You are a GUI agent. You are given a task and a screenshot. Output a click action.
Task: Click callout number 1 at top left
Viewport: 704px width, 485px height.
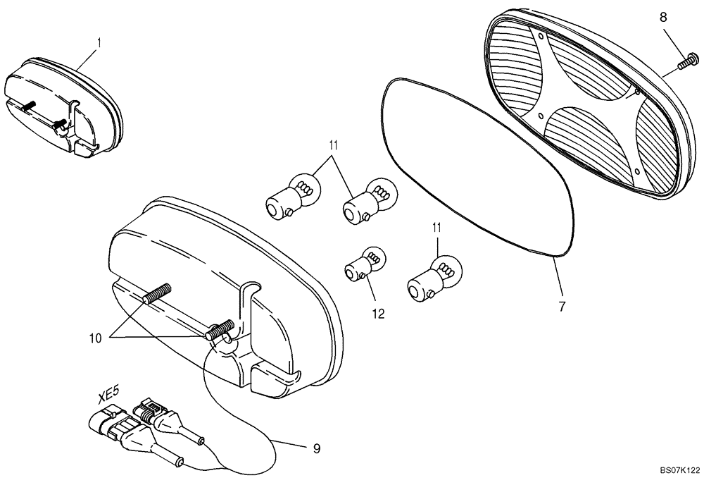click(x=99, y=43)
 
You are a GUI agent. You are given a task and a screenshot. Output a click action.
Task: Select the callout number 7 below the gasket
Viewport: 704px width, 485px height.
click(x=562, y=307)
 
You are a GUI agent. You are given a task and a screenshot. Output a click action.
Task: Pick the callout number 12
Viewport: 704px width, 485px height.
click(x=379, y=314)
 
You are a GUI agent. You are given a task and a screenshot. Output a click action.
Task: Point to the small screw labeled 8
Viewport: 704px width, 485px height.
click(x=686, y=65)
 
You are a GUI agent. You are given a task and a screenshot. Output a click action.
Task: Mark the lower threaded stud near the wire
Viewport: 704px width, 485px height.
click(x=220, y=329)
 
